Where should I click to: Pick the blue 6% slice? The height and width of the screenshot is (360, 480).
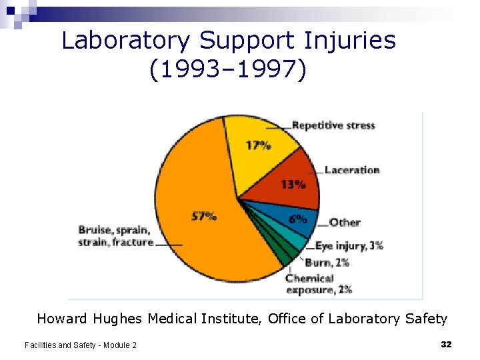(299, 218)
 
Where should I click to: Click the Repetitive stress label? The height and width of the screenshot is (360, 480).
(333, 125)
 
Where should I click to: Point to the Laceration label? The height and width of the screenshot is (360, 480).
(351, 170)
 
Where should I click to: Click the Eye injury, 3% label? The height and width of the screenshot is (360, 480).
(349, 246)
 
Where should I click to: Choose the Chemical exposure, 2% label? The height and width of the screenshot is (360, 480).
(319, 284)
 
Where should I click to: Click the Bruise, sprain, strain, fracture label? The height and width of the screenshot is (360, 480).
(115, 236)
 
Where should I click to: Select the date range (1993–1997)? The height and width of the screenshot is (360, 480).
(229, 69)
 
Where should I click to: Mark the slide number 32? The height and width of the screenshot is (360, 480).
(446, 344)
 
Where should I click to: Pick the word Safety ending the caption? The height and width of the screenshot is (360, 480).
(425, 319)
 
